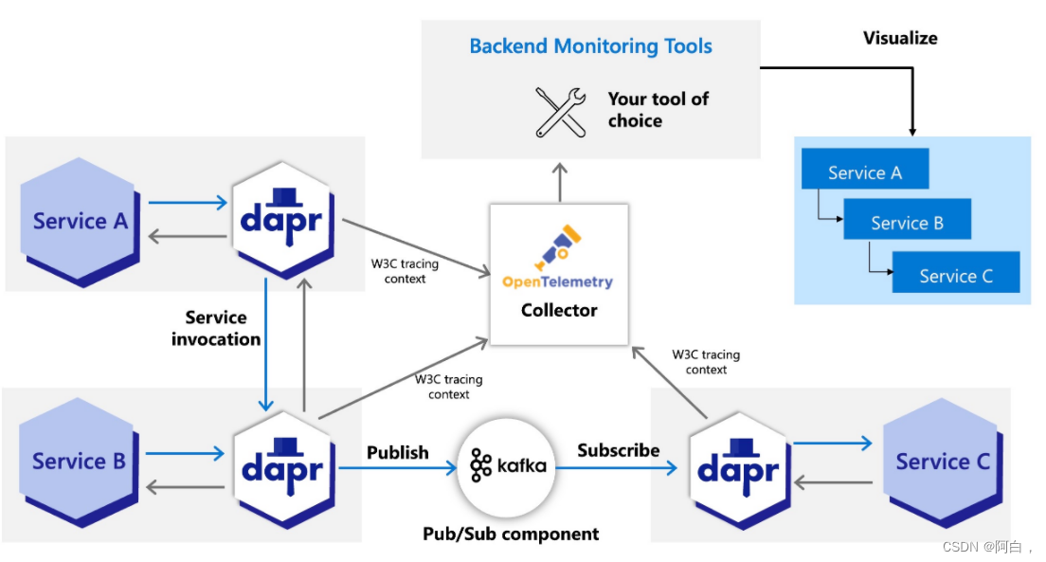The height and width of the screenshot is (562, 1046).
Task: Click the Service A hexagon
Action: pyautogui.click(x=81, y=221)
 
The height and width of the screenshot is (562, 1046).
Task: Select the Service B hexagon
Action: pyautogui.click(x=80, y=461)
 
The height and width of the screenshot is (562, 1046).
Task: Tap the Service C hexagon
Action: pyautogui.click(x=942, y=461)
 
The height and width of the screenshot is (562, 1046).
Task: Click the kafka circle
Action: pyautogui.click(x=508, y=465)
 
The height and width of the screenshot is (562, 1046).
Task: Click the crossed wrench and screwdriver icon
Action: pyautogui.click(x=561, y=112)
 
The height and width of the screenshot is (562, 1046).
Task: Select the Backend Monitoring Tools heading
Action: pyautogui.click(x=590, y=45)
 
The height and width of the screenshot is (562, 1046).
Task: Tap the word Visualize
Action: pyautogui.click(x=900, y=38)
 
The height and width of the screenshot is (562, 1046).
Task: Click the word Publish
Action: pyautogui.click(x=398, y=452)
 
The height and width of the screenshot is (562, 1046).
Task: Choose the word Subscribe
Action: pyautogui.click(x=619, y=450)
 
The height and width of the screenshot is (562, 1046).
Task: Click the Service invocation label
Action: pyautogui.click(x=216, y=328)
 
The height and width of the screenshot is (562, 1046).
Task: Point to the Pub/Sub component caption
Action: pyautogui.click(x=511, y=534)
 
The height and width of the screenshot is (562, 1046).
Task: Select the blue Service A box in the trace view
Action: pyautogui.click(x=865, y=172)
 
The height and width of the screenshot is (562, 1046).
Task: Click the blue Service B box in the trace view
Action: pyautogui.click(x=907, y=223)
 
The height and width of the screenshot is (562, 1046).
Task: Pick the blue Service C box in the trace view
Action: pyautogui.click(x=956, y=275)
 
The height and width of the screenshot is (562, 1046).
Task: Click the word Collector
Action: pyautogui.click(x=559, y=310)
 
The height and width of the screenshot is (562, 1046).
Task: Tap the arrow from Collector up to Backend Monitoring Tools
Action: pyautogui.click(x=559, y=181)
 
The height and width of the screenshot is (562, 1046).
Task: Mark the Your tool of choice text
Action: pyautogui.click(x=658, y=110)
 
